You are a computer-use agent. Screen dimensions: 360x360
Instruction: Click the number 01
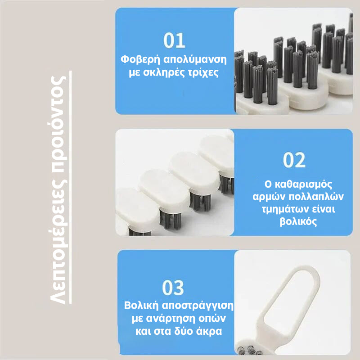174,40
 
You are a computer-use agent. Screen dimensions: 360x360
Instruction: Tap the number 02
294,160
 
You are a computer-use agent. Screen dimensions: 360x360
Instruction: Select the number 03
173,288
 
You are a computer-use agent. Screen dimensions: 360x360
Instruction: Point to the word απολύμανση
195,60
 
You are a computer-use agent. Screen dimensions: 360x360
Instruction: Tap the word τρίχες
203,72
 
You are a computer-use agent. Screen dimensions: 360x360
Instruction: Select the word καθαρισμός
303,184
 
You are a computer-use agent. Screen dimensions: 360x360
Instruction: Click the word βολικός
298,221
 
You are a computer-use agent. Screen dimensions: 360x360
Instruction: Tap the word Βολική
141,306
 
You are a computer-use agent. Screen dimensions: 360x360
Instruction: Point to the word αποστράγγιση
198,306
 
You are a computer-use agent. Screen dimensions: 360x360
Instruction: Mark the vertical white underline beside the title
71,187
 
